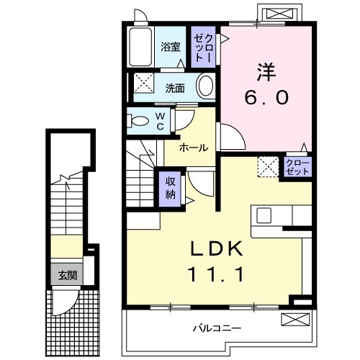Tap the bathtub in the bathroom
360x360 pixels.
[140, 48]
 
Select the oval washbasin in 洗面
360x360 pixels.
[205, 87]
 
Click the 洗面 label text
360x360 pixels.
[175, 89]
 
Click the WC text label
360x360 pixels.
[160, 120]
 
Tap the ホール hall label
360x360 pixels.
[193, 148]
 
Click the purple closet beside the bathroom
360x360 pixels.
[204, 47]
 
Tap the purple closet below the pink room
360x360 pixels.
[297, 168]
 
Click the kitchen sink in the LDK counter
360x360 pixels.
[264, 215]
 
